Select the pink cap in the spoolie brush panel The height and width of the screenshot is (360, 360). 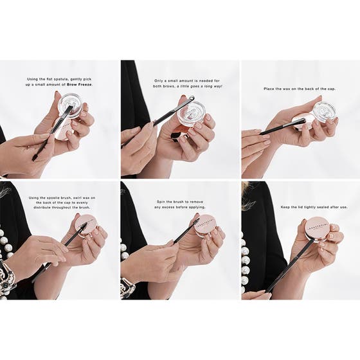pyautogui.click(x=86, y=224)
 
